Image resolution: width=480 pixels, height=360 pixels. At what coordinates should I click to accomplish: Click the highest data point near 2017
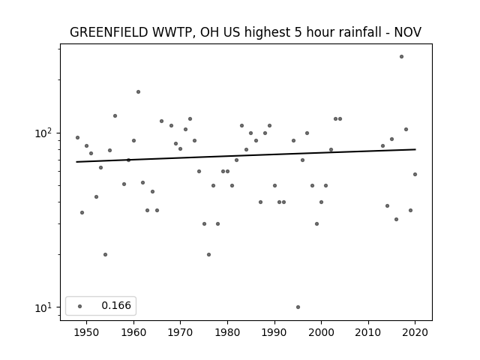401,57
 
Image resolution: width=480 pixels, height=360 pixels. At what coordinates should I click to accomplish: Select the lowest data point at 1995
298,307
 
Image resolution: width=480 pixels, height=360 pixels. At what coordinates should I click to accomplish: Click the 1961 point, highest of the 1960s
138,91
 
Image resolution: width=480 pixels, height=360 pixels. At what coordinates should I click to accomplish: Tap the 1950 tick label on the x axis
86,332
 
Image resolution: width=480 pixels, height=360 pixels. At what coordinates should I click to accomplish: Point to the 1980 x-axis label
227,332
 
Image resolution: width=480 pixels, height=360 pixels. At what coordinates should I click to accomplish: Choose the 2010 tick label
368,332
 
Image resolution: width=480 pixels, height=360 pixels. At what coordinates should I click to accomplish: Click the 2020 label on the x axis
415,332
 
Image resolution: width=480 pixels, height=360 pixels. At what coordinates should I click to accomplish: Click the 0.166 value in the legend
116,305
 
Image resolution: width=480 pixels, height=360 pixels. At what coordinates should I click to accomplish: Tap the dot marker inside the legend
79,306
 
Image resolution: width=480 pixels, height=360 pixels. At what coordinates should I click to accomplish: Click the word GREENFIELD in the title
109,32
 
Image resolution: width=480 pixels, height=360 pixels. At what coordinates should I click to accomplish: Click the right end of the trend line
415,149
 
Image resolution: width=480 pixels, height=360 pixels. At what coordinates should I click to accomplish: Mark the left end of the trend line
76,162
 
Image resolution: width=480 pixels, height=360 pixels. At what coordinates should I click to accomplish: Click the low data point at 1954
105,255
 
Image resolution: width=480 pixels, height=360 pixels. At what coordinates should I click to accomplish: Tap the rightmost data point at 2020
415,175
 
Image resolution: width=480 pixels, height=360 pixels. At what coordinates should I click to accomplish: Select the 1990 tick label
274,332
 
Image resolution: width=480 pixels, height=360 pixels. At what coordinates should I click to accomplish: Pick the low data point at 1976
208,255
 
